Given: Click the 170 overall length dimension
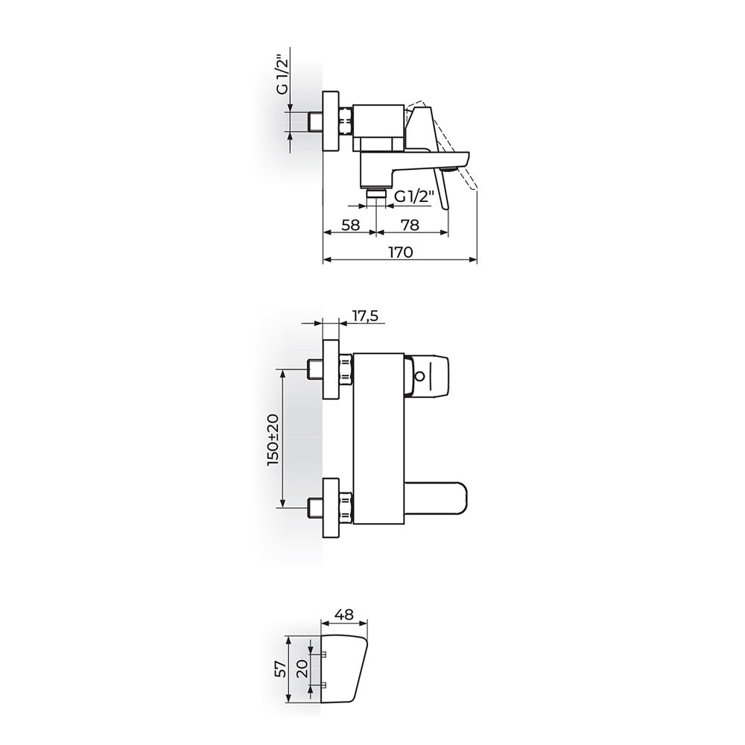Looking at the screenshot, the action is pyautogui.click(x=401, y=252).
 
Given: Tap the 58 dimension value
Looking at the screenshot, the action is pyautogui.click(x=351, y=225).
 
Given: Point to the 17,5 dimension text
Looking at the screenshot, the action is pyautogui.click(x=364, y=316).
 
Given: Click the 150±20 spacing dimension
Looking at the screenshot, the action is pyautogui.click(x=274, y=440).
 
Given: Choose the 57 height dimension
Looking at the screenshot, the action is pyautogui.click(x=281, y=669).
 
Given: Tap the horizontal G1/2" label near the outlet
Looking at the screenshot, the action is pyautogui.click(x=414, y=197).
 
